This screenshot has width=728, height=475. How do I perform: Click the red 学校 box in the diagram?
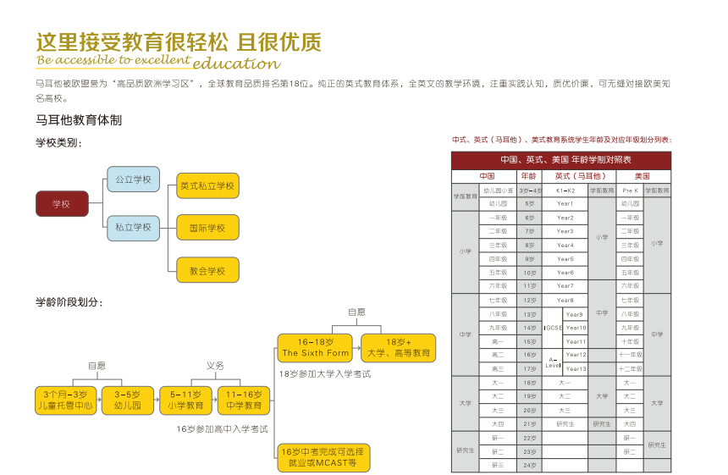(62, 204)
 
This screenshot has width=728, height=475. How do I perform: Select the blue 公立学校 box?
(133, 180)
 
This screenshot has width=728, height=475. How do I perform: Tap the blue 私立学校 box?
(133, 227)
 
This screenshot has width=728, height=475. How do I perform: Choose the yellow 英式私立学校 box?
(207, 185)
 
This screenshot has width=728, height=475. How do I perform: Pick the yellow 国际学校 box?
(207, 228)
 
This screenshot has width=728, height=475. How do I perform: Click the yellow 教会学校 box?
(207, 270)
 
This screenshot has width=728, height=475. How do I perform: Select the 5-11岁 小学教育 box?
(185, 400)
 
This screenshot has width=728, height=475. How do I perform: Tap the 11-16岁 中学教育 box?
(243, 400)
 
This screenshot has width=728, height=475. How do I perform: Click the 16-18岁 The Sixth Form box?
(315, 347)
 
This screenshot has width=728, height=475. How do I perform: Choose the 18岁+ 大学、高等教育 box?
(400, 347)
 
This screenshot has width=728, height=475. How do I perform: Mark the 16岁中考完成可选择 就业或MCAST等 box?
(324, 458)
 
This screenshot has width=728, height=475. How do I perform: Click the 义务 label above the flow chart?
(215, 366)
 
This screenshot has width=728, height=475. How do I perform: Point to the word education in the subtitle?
(236, 64)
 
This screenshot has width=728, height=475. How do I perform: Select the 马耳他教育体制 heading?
(79, 120)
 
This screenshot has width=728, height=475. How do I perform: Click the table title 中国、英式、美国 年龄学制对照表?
(560, 160)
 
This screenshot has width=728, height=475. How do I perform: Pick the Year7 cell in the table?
(565, 286)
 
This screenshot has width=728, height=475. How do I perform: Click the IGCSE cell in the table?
(553, 328)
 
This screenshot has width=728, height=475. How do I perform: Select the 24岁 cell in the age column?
(529, 466)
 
